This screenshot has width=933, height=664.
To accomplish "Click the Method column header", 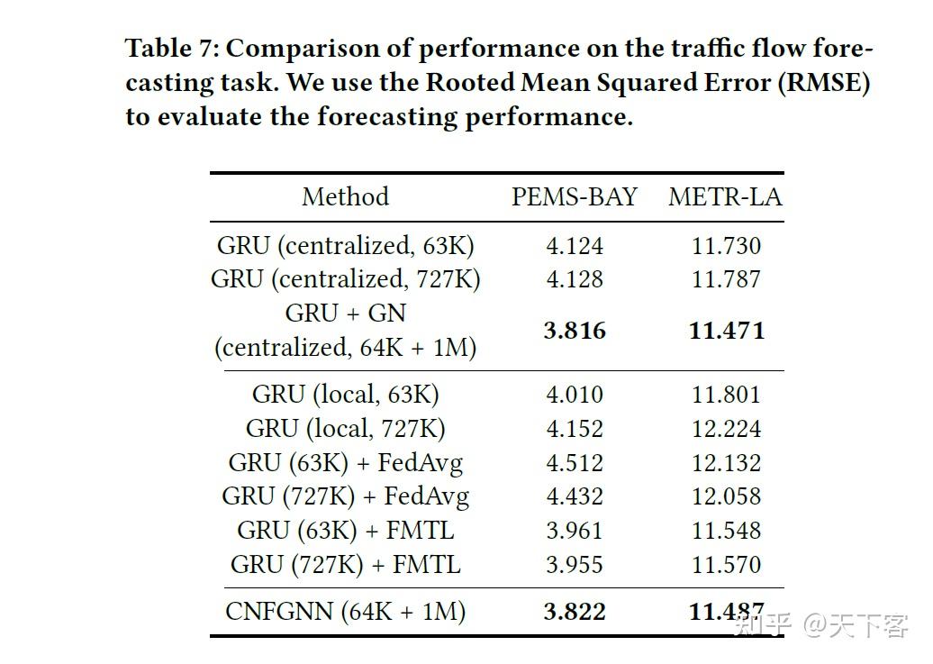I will (345, 197).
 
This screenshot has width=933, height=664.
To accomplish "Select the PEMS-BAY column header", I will (575, 197).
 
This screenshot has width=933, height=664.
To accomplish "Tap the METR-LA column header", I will (725, 197).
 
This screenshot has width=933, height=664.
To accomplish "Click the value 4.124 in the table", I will (575, 246).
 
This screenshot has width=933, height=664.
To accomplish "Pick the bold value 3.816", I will (575, 331).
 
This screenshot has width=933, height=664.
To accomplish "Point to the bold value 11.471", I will (726, 331).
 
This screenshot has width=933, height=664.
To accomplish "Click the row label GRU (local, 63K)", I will (345, 395).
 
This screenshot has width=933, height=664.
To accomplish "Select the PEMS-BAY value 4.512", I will (575, 463).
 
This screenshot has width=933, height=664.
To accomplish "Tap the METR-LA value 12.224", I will (726, 429).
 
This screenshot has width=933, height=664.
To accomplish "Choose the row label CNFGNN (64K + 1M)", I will (345, 613).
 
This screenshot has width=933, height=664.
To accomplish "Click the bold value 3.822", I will (575, 613).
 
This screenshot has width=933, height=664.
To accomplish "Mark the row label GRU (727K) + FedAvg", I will (345, 496).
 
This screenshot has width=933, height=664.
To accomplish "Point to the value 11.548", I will (726, 531).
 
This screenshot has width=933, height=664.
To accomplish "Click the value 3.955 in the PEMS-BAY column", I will (575, 565).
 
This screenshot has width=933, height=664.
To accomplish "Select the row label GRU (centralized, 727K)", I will (345, 279).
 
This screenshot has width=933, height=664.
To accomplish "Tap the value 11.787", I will (726, 279).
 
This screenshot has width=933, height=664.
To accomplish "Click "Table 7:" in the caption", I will (169, 48).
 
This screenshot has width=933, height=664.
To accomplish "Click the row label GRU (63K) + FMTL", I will (345, 531).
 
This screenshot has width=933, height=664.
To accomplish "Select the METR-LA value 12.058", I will (726, 496).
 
